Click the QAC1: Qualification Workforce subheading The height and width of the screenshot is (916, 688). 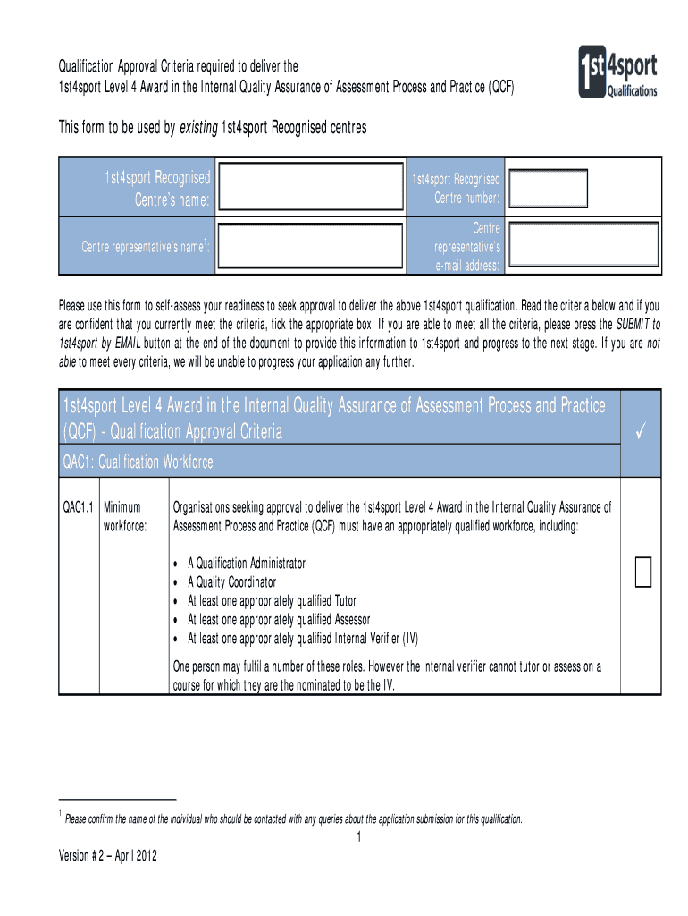click(138, 462)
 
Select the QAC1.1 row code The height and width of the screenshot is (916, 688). click(78, 507)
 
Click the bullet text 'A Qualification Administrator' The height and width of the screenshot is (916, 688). click(246, 564)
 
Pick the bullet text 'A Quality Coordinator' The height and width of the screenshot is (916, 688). click(231, 582)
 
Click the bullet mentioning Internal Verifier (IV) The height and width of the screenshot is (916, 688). click(302, 639)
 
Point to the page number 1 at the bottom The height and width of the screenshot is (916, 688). click(357, 837)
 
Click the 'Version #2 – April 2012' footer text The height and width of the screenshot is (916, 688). click(107, 856)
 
